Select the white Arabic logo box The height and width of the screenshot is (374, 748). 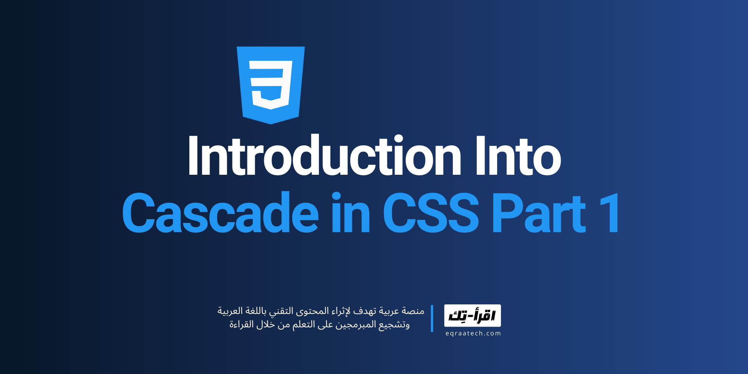(472, 315)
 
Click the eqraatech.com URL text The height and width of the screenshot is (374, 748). (473, 333)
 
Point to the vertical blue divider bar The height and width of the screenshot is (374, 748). (432, 318)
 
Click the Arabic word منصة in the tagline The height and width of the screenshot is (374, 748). (413, 311)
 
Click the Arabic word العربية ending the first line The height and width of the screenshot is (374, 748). (230, 311)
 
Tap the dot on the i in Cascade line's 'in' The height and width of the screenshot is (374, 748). (336, 196)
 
